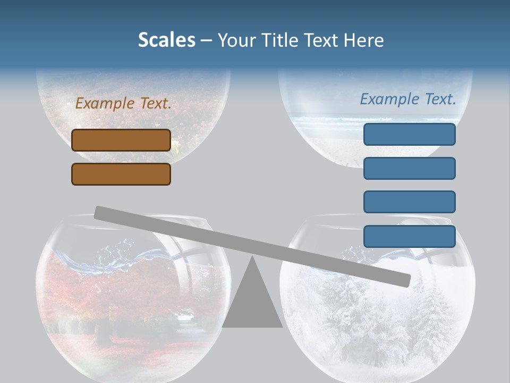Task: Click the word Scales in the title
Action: coord(166,40)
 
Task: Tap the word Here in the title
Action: coord(364,40)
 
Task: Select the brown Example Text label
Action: coord(123,104)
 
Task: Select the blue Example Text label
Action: coord(408,99)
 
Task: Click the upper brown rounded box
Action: coord(121,140)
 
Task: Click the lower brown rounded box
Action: coord(121,174)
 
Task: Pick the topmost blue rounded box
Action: coord(409,134)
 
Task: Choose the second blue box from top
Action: coord(409,168)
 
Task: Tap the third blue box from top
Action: coord(409,202)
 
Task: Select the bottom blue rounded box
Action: coord(409,236)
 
